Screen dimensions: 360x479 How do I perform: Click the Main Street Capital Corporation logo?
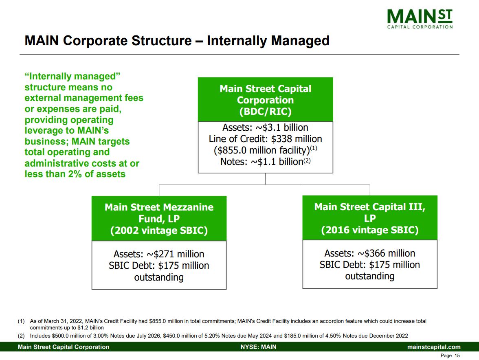[420, 19]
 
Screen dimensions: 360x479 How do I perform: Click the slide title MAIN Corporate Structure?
[177, 41]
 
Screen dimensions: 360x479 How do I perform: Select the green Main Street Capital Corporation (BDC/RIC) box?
[265, 100]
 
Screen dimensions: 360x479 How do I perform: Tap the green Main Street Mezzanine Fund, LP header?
[159, 219]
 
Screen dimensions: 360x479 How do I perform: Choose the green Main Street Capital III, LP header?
[369, 218]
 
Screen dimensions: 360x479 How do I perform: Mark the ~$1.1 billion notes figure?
[281, 162]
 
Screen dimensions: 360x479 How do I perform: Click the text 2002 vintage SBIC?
[159, 230]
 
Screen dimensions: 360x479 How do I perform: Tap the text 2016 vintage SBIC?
[369, 230]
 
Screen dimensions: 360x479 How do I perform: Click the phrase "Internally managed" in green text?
[73, 77]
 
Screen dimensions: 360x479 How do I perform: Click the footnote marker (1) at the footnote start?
[22, 321]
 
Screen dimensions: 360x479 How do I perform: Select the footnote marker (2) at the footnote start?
[22, 336]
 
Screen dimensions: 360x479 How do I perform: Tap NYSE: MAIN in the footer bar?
[258, 347]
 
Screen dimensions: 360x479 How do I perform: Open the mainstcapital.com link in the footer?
[434, 347]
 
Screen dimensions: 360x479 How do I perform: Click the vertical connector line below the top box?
[266, 179]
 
